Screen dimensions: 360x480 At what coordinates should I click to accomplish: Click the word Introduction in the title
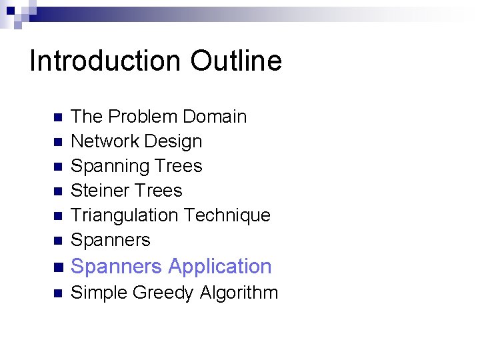(106, 61)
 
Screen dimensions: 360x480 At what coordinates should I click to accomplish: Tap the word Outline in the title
(236, 61)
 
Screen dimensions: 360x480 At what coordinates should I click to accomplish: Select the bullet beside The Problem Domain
(57, 117)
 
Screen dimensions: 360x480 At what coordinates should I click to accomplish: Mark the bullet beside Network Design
(57, 142)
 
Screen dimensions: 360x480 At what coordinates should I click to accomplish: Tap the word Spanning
(104, 166)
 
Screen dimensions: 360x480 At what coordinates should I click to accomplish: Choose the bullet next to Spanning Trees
(57, 167)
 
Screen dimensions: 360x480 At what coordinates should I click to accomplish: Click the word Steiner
(97, 191)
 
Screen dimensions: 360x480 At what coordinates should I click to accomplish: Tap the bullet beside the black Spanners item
(57, 241)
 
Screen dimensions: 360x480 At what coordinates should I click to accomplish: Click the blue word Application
(220, 267)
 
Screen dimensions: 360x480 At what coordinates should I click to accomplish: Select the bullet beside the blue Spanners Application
(57, 267)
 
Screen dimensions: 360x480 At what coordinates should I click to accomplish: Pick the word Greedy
(163, 293)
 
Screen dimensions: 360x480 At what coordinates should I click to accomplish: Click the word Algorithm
(238, 293)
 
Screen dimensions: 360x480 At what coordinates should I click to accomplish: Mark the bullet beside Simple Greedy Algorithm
(57, 293)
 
